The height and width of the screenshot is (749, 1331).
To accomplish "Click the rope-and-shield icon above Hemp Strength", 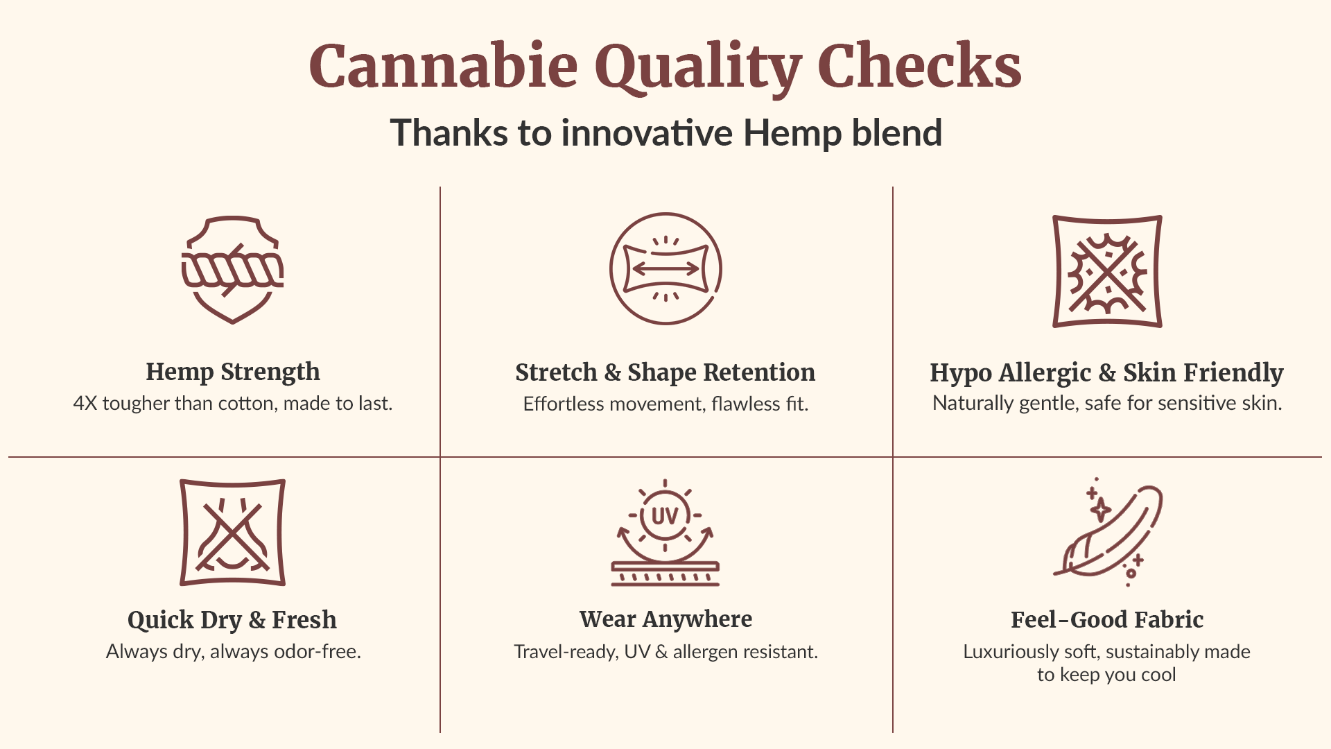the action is coord(233,270).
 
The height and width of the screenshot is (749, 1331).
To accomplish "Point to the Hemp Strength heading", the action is coord(233,372).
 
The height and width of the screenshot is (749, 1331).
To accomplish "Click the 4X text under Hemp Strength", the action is coord(85,404).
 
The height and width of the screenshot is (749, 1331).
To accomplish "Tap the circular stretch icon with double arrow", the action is coord(665,268).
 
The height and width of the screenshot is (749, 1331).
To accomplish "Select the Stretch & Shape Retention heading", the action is coord(665,372).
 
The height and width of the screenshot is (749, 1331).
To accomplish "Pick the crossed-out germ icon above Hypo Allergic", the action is coord(1107,271).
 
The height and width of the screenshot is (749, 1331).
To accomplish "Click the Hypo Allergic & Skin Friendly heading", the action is coord(1106,373).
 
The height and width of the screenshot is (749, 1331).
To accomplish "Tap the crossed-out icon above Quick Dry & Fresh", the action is coord(233,533).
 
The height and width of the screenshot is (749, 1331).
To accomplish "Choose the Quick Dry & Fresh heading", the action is coord(232,620).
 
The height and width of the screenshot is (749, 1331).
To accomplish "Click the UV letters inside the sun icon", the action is coord(665,516).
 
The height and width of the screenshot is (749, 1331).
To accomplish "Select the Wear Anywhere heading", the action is coord(665,619).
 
